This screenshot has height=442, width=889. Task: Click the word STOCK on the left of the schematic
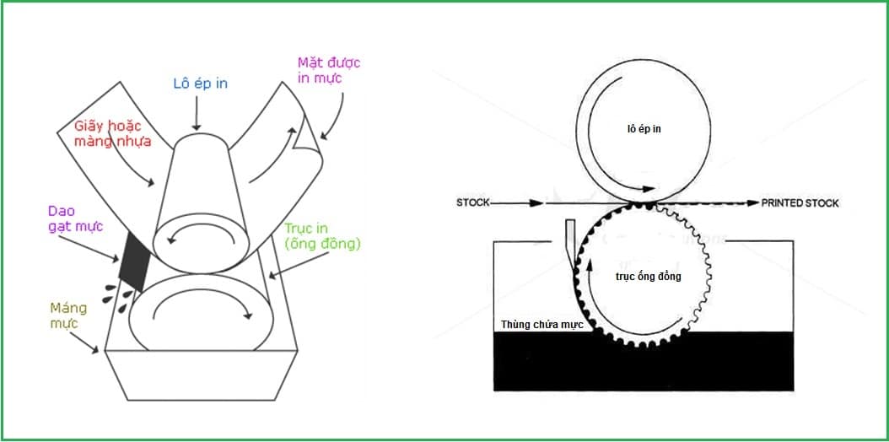click(473, 202)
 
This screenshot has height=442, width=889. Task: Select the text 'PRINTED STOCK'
click(800, 203)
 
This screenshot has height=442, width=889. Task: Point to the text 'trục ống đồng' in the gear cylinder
click(647, 277)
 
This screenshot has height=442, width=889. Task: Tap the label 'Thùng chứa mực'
click(535, 324)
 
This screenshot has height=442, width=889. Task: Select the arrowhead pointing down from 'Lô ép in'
click(197, 126)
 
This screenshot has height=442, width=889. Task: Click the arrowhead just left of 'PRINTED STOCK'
click(753, 202)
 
